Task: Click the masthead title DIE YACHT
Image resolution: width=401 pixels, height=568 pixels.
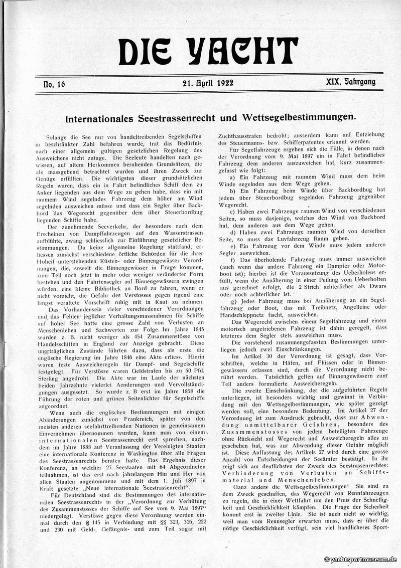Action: [x=208, y=51]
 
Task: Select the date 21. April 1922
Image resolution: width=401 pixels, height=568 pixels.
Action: [x=208, y=83]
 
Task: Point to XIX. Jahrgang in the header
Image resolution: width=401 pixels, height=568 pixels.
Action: [x=349, y=82]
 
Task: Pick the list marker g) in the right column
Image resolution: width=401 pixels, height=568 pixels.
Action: [x=232, y=302]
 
